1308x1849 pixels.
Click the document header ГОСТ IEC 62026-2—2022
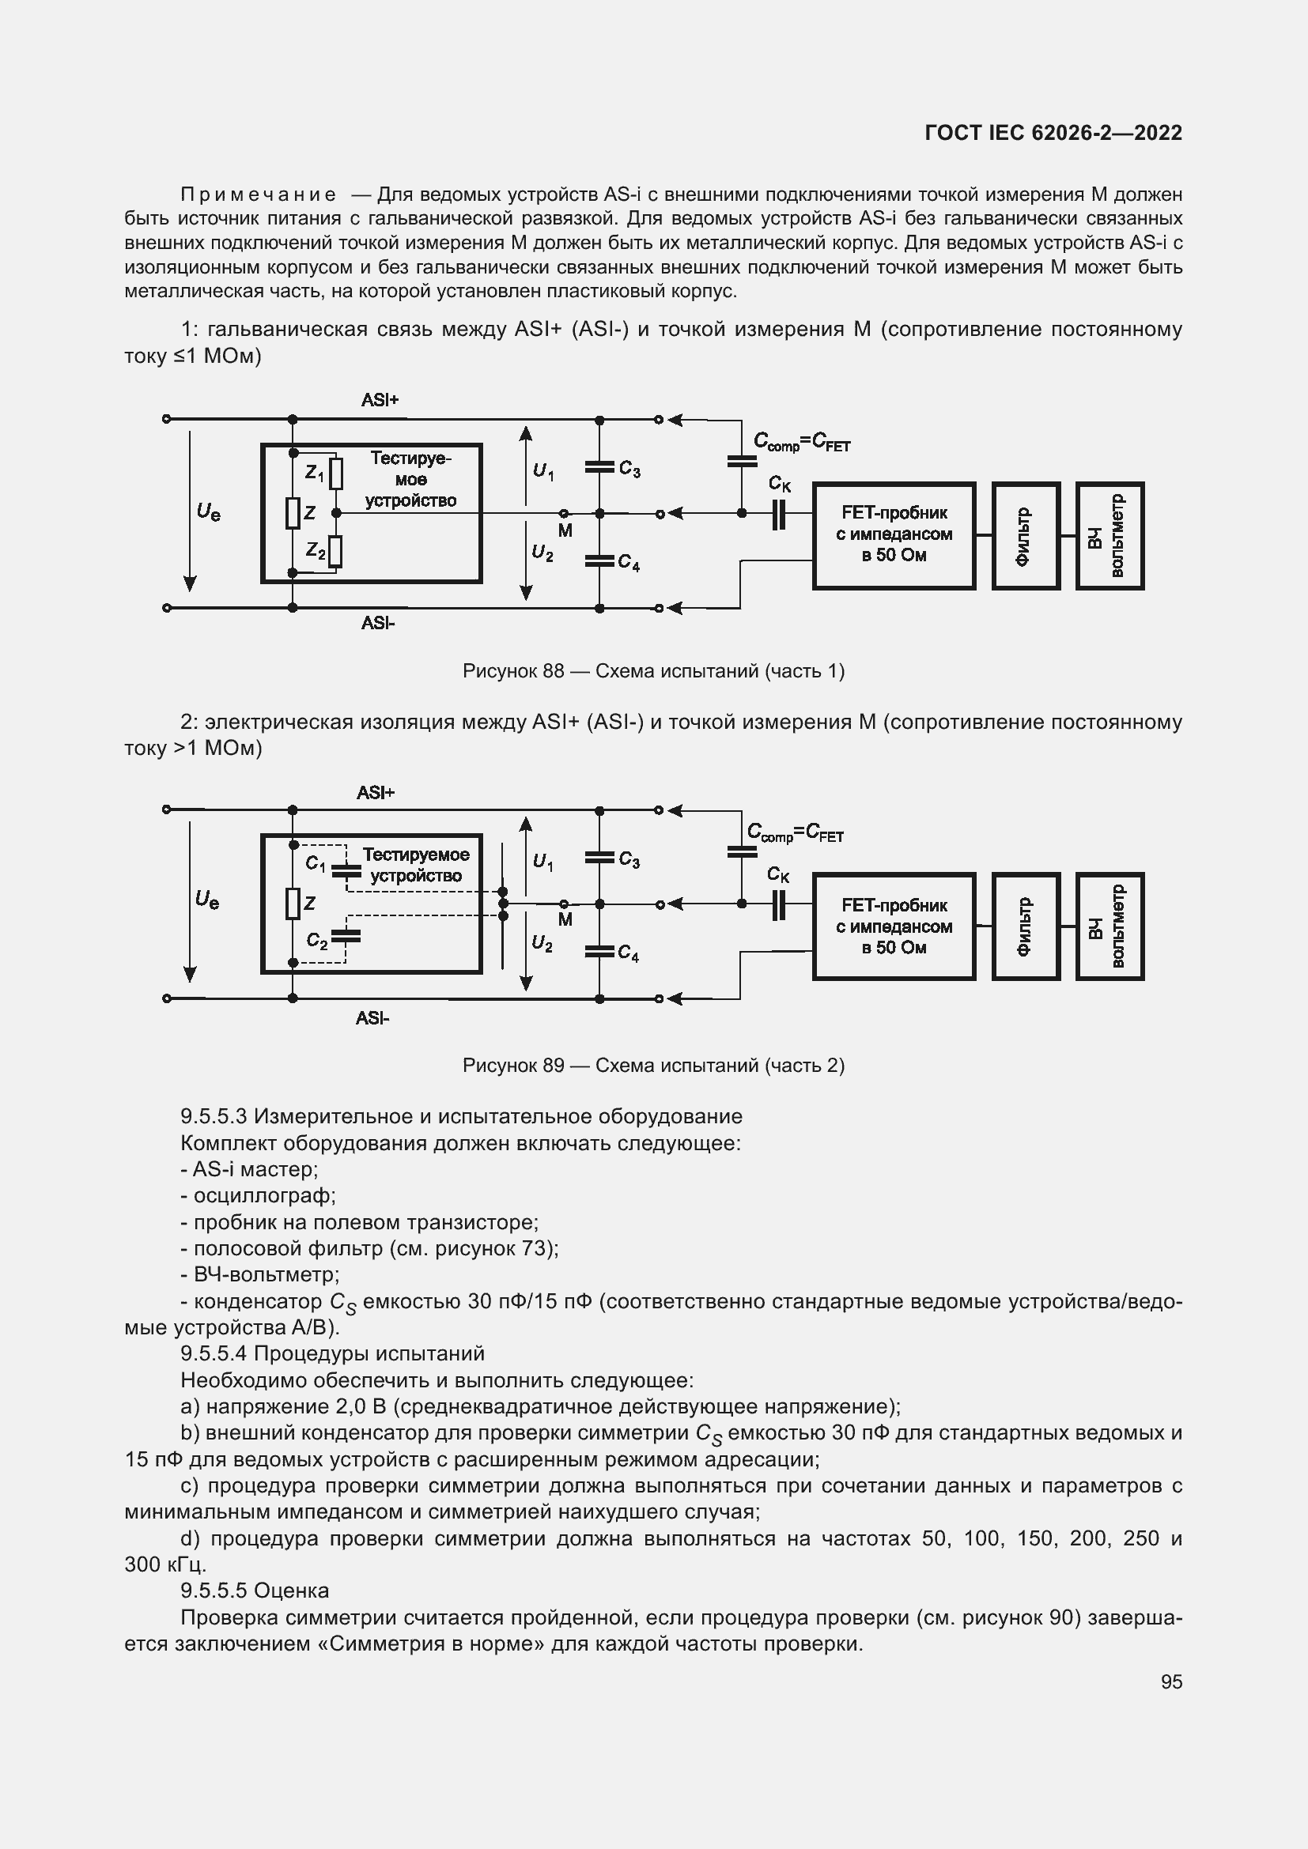[1053, 133]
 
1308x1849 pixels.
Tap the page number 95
[1171, 1681]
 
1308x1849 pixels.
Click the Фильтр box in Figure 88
[1026, 535]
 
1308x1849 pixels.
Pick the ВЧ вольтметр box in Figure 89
[1110, 926]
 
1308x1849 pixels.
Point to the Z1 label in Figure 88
[314, 474]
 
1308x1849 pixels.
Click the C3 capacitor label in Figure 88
[629, 470]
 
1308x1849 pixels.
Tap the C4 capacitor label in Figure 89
[628, 954]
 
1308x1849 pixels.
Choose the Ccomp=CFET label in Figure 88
[801, 442]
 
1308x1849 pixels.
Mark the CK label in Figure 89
[778, 874]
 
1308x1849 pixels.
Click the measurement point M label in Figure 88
[565, 530]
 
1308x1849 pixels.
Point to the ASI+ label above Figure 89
[376, 793]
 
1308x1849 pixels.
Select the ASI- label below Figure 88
[378, 622]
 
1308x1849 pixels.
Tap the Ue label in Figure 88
[209, 511]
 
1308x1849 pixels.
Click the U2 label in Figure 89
[542, 944]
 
